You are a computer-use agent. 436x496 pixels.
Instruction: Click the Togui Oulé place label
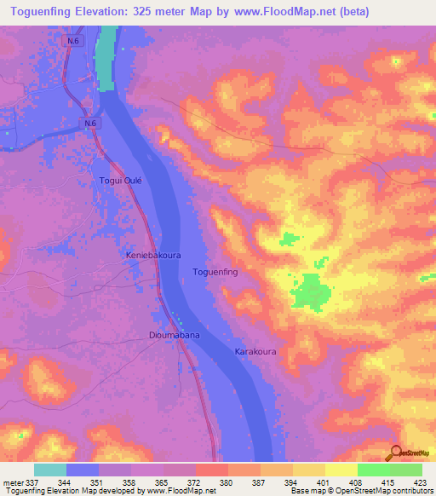(x=120, y=181)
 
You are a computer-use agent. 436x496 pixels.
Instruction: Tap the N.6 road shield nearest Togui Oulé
(x=92, y=124)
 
